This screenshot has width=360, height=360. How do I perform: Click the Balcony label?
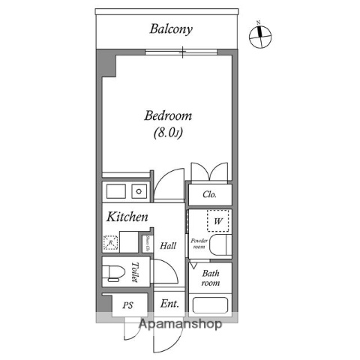[171, 30]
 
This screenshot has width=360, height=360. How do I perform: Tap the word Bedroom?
[168, 116]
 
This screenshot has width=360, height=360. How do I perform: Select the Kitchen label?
[126, 217]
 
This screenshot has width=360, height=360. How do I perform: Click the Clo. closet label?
[209, 195]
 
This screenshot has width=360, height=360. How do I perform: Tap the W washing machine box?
[218, 221]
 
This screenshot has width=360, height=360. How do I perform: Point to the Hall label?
[169, 245]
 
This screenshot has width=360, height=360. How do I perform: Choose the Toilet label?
[136, 271]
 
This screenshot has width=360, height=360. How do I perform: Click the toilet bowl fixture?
[114, 272]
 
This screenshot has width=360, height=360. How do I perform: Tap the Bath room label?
[210, 279]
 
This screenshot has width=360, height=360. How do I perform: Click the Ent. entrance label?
[169, 304]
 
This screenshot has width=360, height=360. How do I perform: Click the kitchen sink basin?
[117, 190]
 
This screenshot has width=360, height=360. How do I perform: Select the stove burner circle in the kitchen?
[138, 190]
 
